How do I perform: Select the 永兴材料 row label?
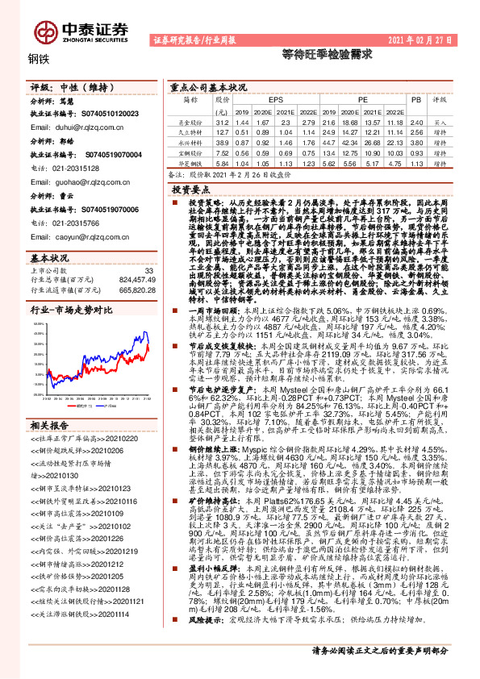click(190, 140)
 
